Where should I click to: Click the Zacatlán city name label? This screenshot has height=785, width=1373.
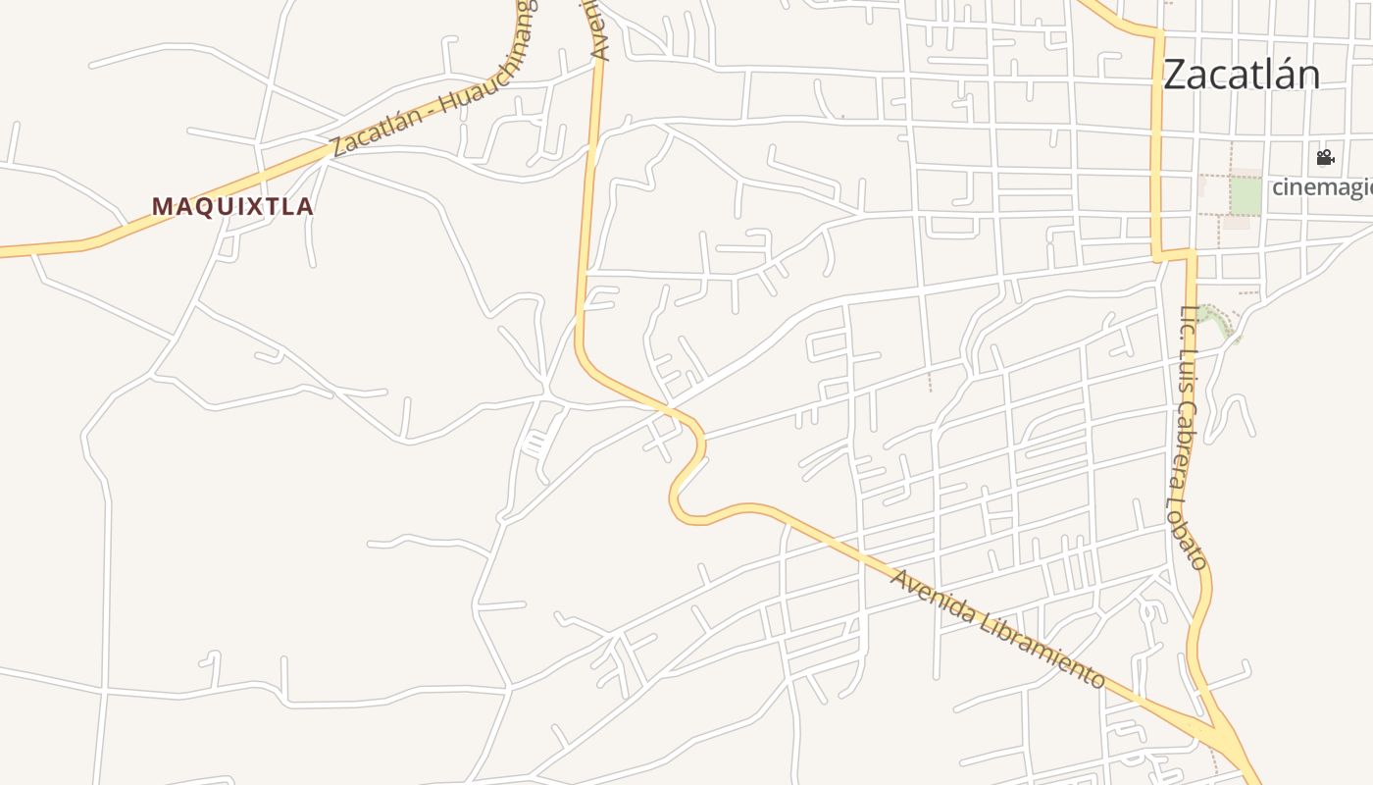click(x=1242, y=75)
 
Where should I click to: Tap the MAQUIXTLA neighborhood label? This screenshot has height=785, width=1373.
click(x=232, y=207)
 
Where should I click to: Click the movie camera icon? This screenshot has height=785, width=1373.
click(x=1325, y=157)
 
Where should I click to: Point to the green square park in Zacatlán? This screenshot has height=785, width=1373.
click(x=1246, y=195)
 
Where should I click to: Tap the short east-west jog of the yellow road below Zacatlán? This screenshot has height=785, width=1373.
click(x=1174, y=256)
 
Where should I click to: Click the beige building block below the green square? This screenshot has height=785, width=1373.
click(x=1236, y=223)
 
